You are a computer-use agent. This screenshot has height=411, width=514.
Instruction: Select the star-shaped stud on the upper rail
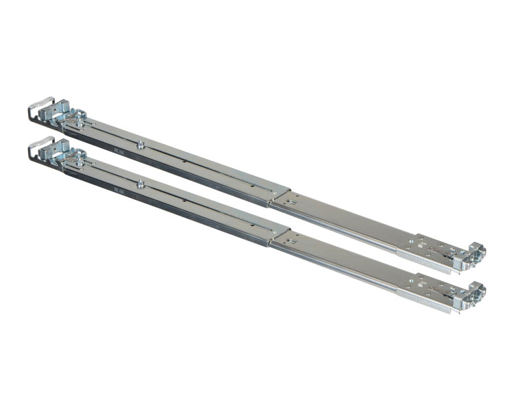140,145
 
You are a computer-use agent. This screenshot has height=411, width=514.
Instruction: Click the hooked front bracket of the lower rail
474,292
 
